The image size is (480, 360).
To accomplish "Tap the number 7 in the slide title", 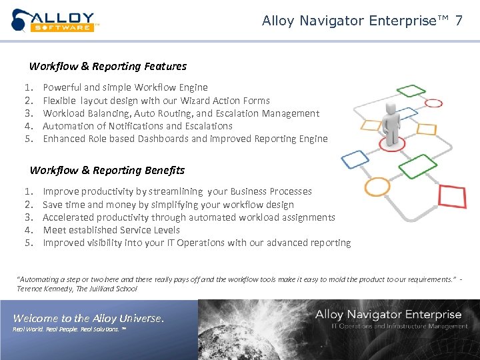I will (459, 21).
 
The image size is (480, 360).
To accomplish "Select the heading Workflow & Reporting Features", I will (108, 67).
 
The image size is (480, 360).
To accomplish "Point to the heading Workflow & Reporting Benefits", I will (107, 171).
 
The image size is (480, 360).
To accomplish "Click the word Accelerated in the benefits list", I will (68, 217).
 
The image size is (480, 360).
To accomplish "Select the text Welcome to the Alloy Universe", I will (88, 319).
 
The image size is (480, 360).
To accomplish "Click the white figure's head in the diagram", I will (392, 109).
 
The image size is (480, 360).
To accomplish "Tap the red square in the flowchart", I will (453, 197).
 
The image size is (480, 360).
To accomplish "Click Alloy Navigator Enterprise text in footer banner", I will (388, 315).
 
